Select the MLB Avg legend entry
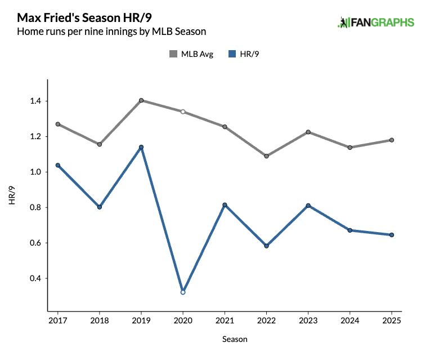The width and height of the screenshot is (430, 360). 191,54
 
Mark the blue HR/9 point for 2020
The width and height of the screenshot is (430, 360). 183,292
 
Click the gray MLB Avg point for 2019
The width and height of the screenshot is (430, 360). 141,100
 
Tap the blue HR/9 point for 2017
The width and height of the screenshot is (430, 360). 58,165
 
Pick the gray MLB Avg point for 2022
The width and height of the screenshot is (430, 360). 266,156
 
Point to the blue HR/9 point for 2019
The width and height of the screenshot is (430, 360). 141,147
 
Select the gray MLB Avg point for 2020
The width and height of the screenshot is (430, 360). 183,112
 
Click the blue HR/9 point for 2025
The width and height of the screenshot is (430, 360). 392,235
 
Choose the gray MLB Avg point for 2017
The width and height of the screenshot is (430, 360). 58,124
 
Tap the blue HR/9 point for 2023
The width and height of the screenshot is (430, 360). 308,206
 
